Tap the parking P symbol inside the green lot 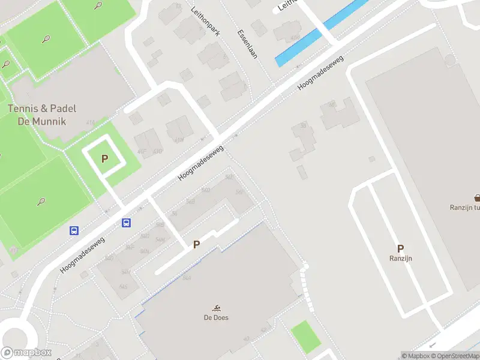[x=105, y=159]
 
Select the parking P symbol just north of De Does [x=196, y=244]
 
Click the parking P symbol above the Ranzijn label [x=400, y=248]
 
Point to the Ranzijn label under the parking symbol [x=400, y=259]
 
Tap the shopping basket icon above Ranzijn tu [x=478, y=197]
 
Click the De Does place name [x=215, y=317]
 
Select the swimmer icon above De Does [x=215, y=307]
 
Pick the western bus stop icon [x=74, y=230]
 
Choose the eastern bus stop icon [x=127, y=223]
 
